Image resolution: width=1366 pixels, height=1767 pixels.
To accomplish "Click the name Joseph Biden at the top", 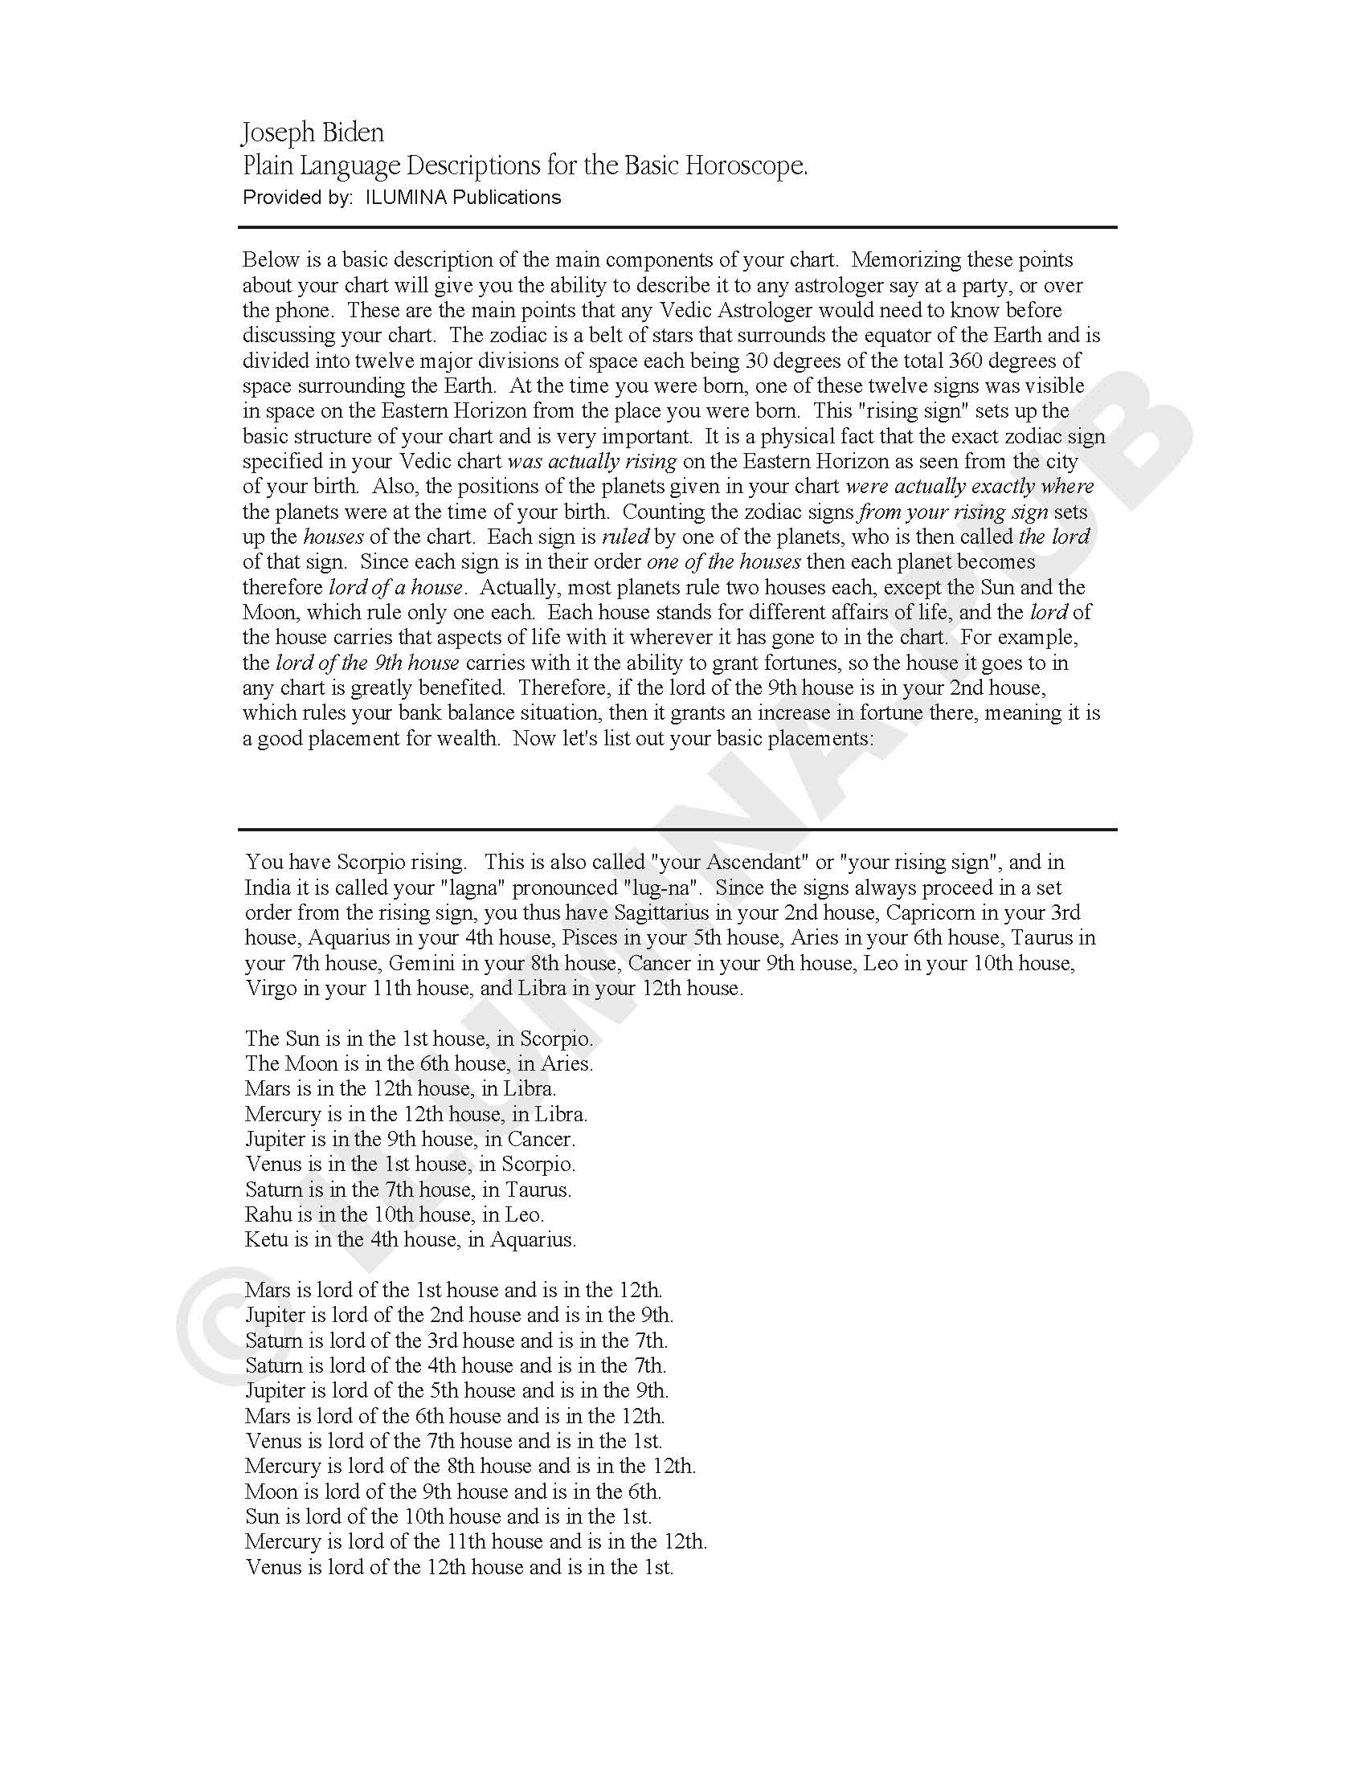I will coord(313,132).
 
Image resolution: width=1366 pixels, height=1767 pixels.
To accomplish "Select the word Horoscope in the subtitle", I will coord(746,166).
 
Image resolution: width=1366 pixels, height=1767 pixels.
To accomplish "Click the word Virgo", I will coord(272,988).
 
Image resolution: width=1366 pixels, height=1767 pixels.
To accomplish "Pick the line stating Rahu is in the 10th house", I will coord(395,1214).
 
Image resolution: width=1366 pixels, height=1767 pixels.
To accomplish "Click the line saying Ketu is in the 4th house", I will coord(411,1239).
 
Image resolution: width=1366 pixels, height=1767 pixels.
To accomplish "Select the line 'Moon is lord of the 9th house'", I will coord(453,1492).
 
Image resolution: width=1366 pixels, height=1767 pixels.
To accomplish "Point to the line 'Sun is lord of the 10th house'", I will coord(448,1516).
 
